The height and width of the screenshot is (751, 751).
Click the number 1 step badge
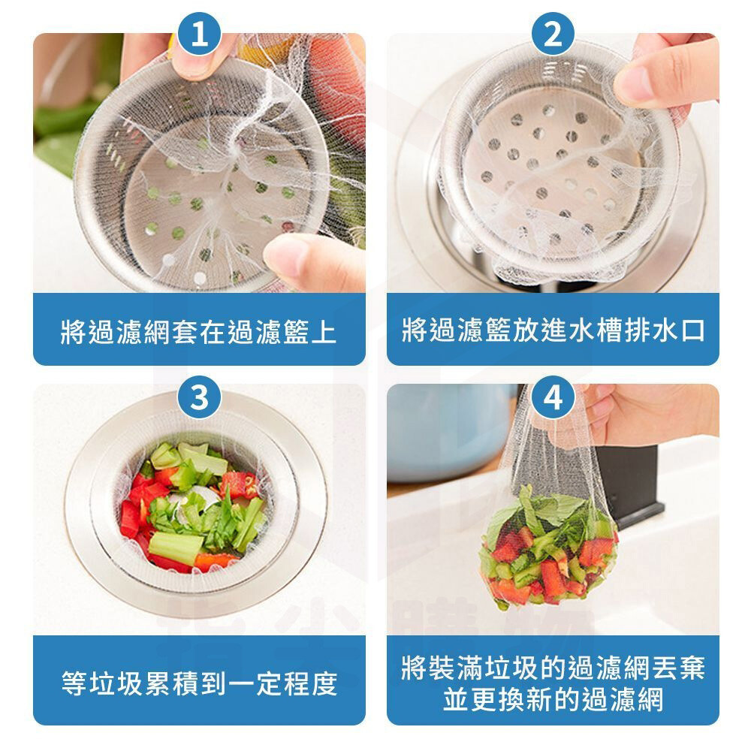(199, 34)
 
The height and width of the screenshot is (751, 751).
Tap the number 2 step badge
(553, 34)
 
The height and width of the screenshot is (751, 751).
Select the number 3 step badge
(199, 397)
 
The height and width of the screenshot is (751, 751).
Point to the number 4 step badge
(553, 397)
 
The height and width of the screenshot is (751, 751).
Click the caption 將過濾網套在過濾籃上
(199, 331)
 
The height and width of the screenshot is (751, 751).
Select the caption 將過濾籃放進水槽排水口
(553, 330)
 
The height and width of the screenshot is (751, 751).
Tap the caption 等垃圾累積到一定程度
(200, 683)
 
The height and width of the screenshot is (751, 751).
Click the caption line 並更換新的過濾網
(553, 699)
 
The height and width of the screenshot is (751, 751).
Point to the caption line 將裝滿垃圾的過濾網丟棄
(553, 667)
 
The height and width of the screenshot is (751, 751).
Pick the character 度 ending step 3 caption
(324, 683)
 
